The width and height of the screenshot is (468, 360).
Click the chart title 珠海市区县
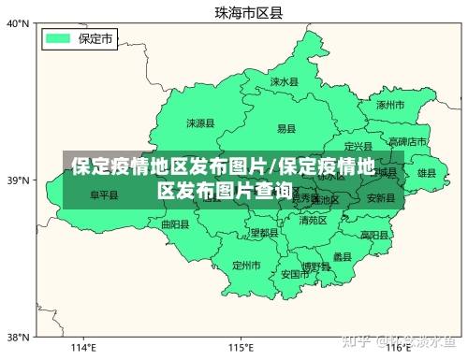click(x=248, y=12)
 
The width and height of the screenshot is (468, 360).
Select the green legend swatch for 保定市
click(x=59, y=38)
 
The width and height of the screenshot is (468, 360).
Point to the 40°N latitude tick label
click(x=18, y=23)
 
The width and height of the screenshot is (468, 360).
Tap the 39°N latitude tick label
click(x=18, y=180)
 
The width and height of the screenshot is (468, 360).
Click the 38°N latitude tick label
click(x=18, y=337)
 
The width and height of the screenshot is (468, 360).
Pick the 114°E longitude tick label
click(x=84, y=348)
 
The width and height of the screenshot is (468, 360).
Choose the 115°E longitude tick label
click(x=241, y=348)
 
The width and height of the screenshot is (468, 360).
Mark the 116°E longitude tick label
click(x=398, y=348)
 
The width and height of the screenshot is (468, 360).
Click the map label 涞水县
click(x=284, y=82)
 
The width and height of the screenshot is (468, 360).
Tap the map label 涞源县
click(x=200, y=122)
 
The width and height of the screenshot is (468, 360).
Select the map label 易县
click(x=286, y=128)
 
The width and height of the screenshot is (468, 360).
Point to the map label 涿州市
click(x=389, y=106)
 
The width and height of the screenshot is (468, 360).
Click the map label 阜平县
click(x=104, y=196)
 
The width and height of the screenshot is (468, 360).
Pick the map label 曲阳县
click(x=175, y=224)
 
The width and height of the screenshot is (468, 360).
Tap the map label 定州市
click(x=246, y=266)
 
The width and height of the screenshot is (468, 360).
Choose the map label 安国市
click(x=295, y=275)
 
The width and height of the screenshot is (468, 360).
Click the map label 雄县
click(x=427, y=173)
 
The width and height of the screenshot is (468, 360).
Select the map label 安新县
click(x=381, y=198)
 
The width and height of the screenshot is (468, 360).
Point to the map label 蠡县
click(x=342, y=256)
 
